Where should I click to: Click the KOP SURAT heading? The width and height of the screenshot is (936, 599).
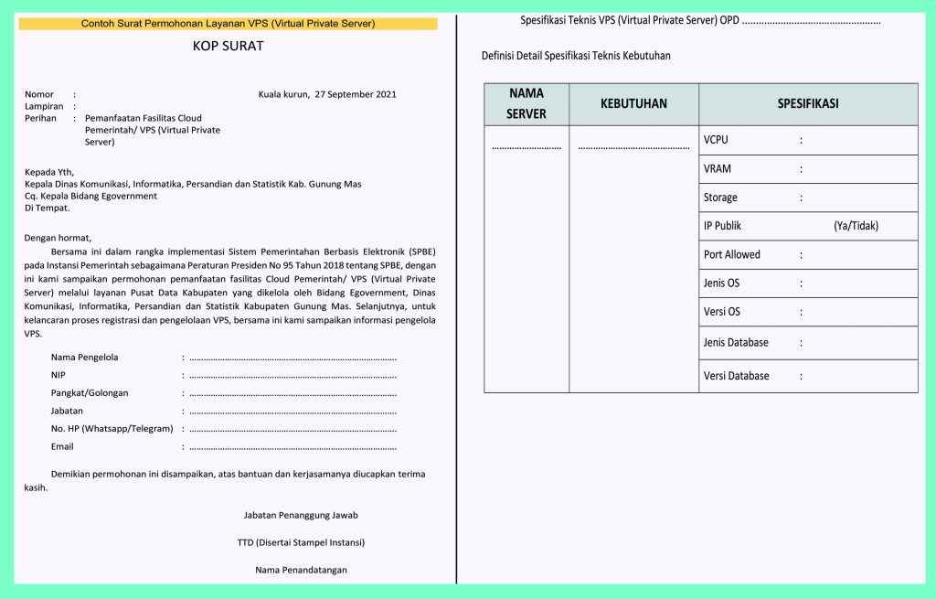pyautogui.click(x=229, y=46)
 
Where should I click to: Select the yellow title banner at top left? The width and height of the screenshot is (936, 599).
pyautogui.click(x=228, y=23)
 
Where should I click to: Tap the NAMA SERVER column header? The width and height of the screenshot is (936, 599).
pyautogui.click(x=526, y=103)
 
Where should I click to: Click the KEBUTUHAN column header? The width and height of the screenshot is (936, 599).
pyautogui.click(x=633, y=103)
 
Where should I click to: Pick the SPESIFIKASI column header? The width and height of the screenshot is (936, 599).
pyautogui.click(x=808, y=103)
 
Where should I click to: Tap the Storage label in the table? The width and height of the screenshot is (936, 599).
pyautogui.click(x=720, y=198)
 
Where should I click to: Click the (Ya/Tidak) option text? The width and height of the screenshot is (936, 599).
pyautogui.click(x=856, y=226)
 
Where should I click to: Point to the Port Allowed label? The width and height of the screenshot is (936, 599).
pyautogui.click(x=731, y=254)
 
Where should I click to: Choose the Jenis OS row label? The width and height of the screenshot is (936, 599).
pyautogui.click(x=721, y=283)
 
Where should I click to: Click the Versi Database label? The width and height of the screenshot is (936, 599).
pyautogui.click(x=736, y=376)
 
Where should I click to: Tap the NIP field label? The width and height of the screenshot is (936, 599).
pyautogui.click(x=58, y=375)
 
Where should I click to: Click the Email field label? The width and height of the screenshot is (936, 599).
pyautogui.click(x=62, y=446)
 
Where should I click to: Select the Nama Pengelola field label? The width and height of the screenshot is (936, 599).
pyautogui.click(x=85, y=357)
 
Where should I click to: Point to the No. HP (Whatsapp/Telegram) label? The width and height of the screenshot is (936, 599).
pyautogui.click(x=112, y=429)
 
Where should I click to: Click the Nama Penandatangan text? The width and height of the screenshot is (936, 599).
pyautogui.click(x=301, y=570)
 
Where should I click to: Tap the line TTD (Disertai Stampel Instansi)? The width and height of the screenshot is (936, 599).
pyautogui.click(x=301, y=542)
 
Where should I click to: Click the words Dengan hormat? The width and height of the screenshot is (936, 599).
pyautogui.click(x=58, y=237)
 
